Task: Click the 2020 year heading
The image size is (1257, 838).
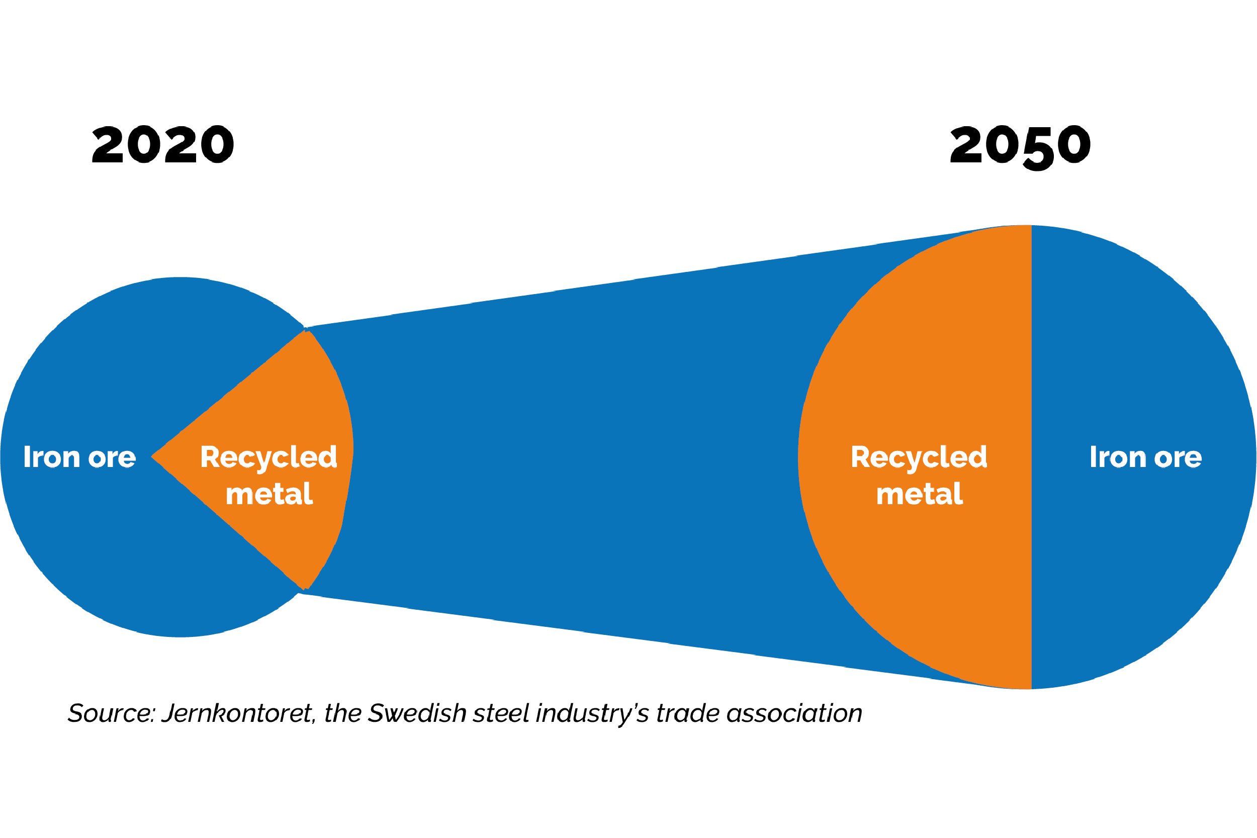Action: pyautogui.click(x=163, y=145)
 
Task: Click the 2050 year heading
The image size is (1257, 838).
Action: pyautogui.click(x=1020, y=146)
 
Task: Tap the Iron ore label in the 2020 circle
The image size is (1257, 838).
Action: pyautogui.click(x=79, y=457)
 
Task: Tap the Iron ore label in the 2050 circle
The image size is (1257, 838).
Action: pyautogui.click(x=1146, y=457)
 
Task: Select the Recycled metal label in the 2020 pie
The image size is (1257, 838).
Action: pyautogui.click(x=269, y=475)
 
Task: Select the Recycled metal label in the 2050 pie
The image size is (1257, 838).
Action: pyautogui.click(x=919, y=475)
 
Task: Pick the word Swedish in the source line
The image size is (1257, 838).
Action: pyautogui.click(x=417, y=713)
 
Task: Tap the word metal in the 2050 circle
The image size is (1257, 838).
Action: pyautogui.click(x=920, y=494)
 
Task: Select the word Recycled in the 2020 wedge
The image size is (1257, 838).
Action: pyautogui.click(x=269, y=457)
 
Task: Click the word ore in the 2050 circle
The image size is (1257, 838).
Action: pyautogui.click(x=1178, y=458)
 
